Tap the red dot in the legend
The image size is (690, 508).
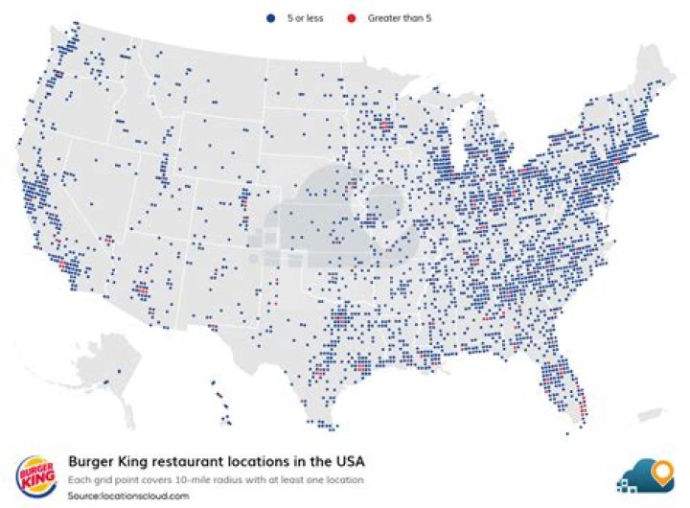(x=352, y=18)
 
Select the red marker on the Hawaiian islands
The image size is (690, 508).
(x=218, y=395)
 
